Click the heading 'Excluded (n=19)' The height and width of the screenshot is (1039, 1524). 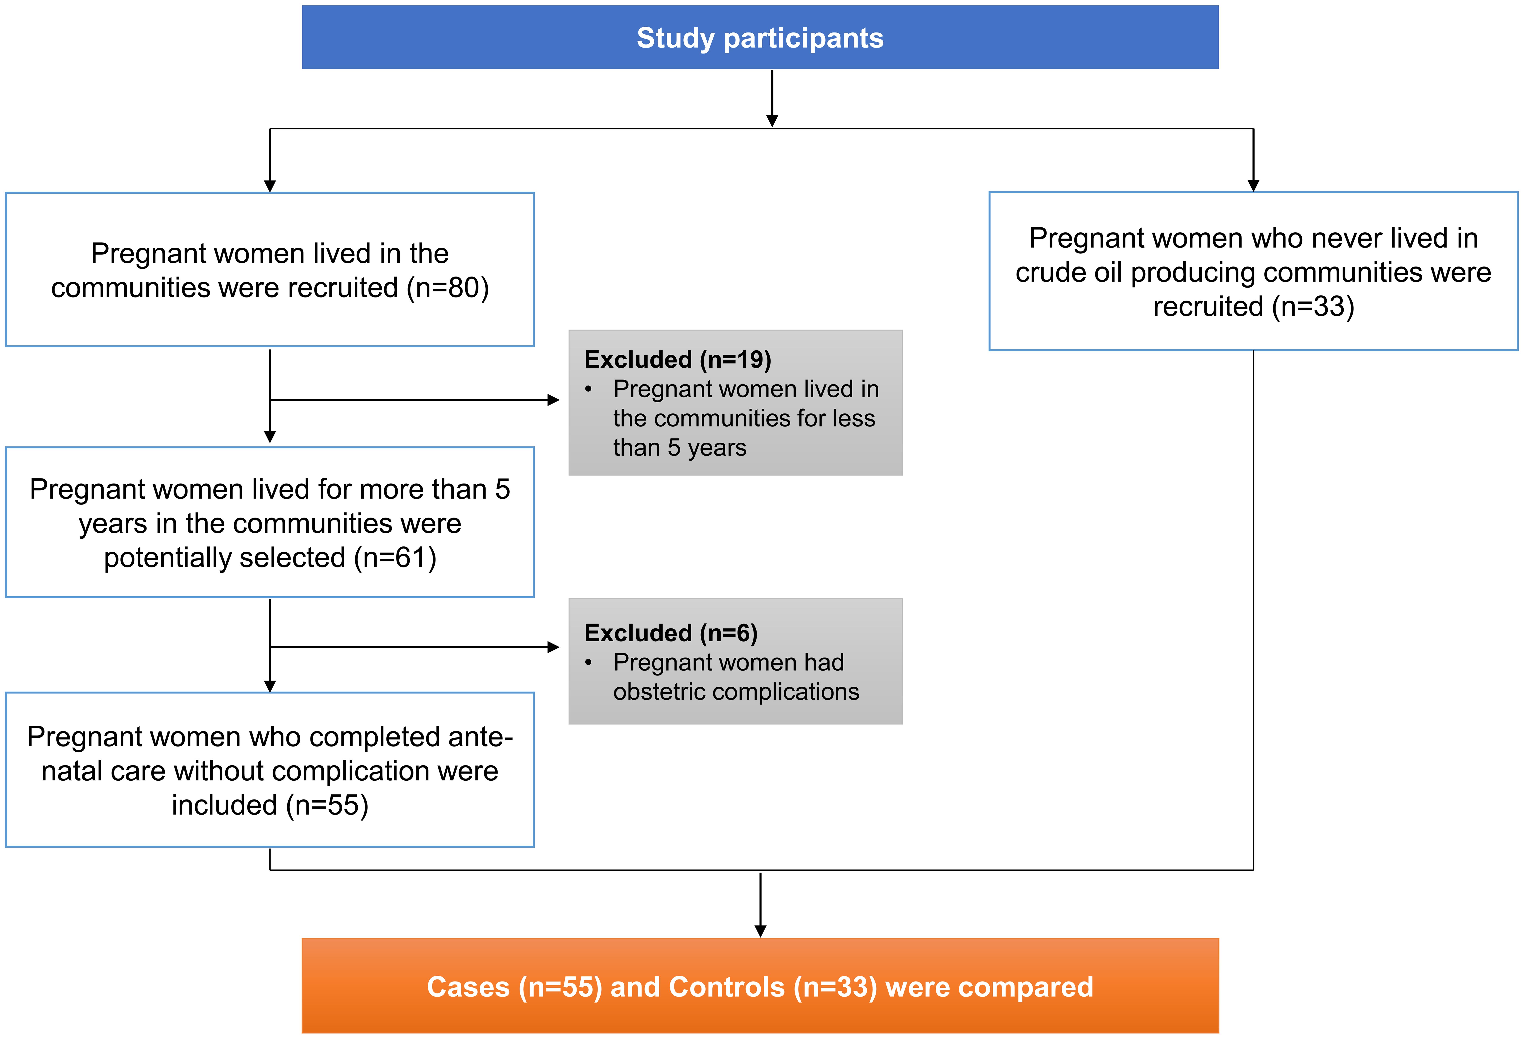(x=677, y=360)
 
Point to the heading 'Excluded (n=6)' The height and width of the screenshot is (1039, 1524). (x=671, y=633)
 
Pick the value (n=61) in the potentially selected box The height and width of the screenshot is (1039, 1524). (x=395, y=558)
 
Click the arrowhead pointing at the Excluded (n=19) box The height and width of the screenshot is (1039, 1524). (x=554, y=400)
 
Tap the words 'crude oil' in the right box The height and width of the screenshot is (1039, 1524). (x=1069, y=273)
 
